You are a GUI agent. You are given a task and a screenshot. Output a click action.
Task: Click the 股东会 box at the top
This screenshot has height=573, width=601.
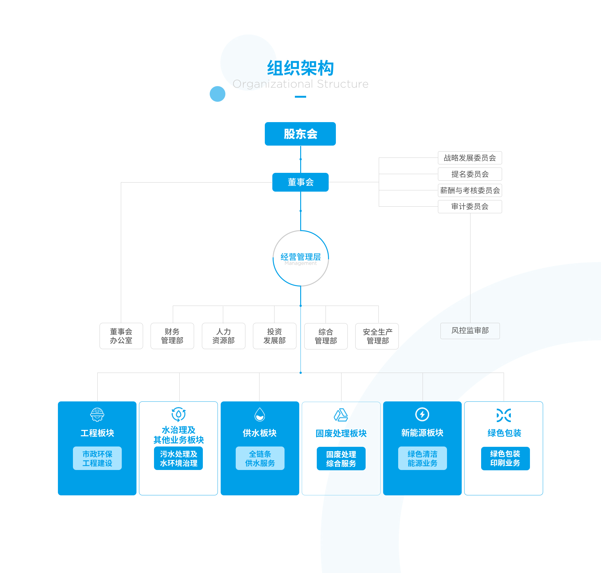click(300, 134)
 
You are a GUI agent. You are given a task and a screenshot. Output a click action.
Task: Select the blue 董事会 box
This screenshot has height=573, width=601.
click(300, 182)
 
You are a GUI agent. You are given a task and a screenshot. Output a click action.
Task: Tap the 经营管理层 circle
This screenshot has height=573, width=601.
click(300, 258)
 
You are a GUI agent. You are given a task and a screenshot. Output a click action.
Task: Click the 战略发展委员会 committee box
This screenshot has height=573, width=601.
click(470, 158)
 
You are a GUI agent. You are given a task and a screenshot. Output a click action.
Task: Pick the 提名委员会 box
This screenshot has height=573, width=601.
click(470, 174)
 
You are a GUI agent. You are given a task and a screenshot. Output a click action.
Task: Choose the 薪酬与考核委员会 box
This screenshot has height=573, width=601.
click(470, 190)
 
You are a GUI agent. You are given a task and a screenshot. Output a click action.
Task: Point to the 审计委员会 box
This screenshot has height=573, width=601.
click(470, 207)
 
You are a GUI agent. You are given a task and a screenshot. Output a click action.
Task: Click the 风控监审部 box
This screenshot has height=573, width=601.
click(470, 331)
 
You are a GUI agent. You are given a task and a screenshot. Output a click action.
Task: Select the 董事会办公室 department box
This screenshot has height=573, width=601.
click(121, 336)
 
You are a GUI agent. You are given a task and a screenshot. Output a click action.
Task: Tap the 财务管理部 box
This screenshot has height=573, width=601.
click(172, 336)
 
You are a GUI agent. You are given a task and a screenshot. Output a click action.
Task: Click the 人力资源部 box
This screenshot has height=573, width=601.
click(223, 336)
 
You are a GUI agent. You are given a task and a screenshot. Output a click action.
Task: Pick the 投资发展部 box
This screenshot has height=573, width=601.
click(275, 336)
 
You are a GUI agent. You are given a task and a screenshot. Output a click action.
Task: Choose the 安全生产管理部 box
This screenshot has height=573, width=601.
click(377, 336)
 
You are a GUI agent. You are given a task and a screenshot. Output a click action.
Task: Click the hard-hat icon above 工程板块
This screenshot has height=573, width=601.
click(97, 415)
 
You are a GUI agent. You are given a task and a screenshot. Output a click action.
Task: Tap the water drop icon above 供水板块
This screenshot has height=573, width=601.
click(260, 415)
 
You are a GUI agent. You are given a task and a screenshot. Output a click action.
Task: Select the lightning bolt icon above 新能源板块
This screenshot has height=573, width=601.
click(422, 415)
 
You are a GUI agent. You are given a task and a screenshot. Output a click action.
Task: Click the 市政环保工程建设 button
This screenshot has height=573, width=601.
click(97, 458)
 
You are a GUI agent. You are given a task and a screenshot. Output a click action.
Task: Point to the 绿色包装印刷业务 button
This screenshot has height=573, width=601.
click(505, 458)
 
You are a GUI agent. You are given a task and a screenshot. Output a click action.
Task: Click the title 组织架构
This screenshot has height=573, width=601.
click(300, 68)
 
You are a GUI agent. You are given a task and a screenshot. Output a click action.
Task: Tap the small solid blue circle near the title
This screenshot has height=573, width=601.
click(218, 94)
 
